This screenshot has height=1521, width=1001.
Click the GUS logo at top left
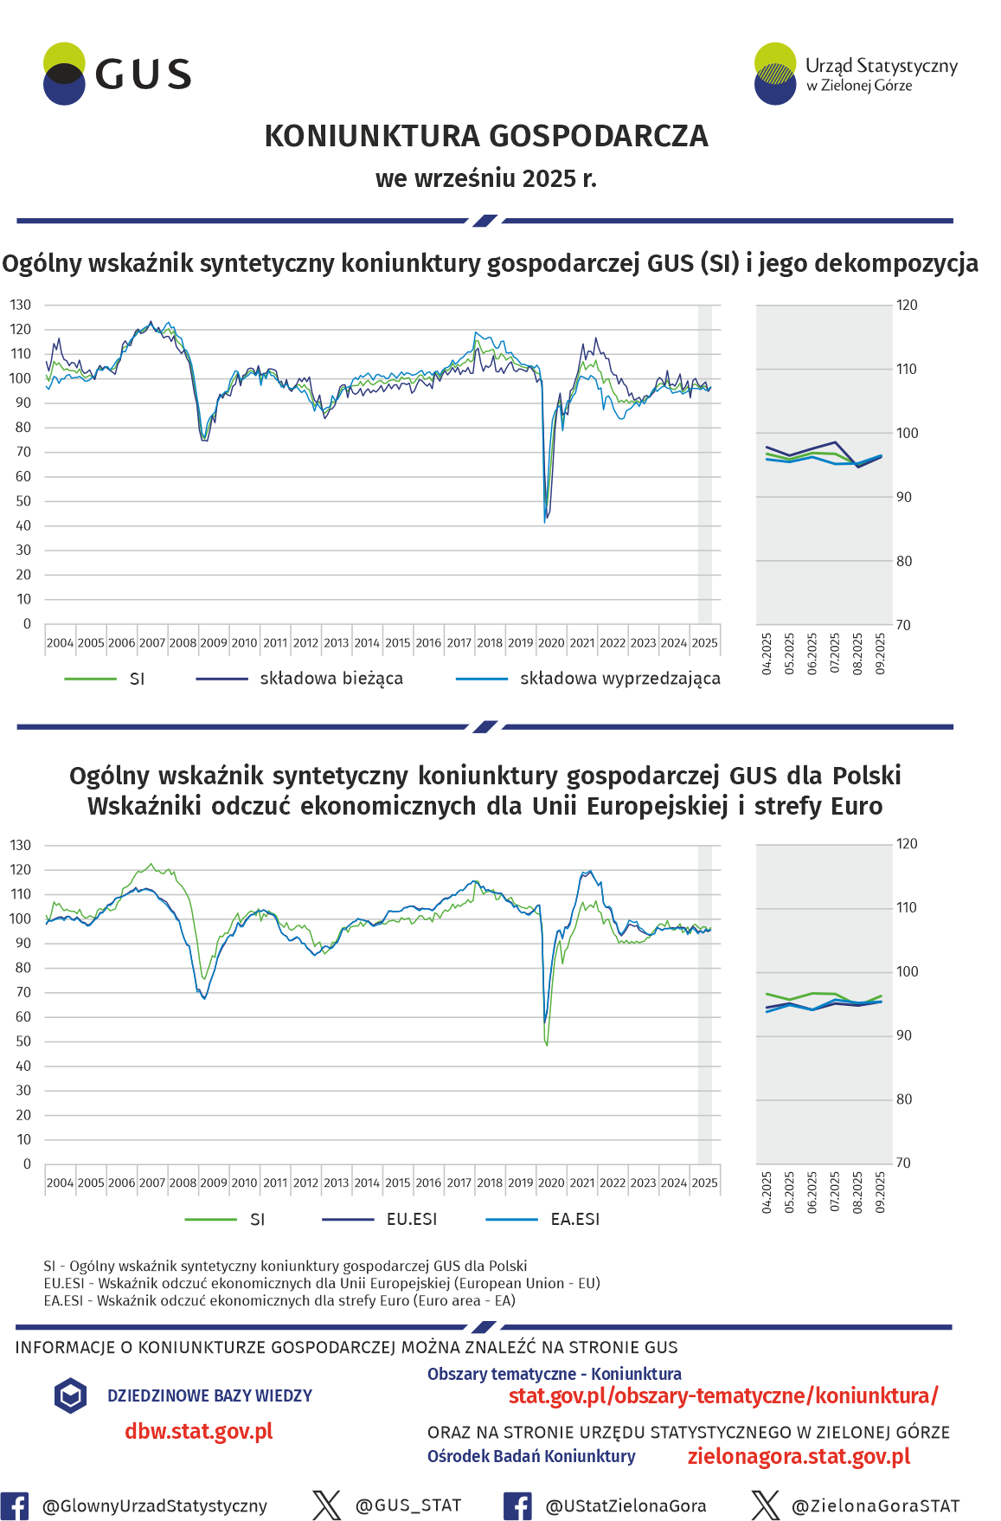(x=117, y=74)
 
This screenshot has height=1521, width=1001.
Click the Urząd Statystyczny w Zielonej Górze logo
(x=856, y=74)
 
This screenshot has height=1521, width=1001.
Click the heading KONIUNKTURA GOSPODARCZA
(x=485, y=137)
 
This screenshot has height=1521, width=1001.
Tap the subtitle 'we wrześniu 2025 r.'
(x=485, y=178)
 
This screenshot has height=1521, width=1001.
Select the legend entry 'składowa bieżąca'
(x=330, y=679)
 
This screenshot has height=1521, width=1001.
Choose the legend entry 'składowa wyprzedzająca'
(x=619, y=679)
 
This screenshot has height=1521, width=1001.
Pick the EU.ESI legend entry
(x=411, y=1219)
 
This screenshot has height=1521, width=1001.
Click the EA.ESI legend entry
(x=574, y=1219)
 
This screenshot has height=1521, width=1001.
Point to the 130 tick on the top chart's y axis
(x=21, y=305)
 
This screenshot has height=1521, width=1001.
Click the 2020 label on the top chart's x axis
(x=551, y=643)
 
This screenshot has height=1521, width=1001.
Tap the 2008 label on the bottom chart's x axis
(x=183, y=1183)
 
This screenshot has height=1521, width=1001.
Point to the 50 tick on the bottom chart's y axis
(x=23, y=1041)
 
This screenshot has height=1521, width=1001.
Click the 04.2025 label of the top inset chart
(x=767, y=654)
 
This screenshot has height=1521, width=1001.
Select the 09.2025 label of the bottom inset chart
(x=881, y=1192)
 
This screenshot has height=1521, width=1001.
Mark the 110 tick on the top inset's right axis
(x=906, y=369)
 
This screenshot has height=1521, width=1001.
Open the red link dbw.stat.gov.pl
(x=198, y=1431)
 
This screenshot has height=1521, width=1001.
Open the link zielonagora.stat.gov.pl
(x=799, y=1456)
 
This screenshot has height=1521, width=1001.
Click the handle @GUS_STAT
(x=407, y=1505)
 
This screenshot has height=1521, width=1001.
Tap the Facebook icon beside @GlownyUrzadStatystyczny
(x=15, y=1506)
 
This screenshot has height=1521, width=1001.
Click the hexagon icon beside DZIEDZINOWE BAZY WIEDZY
(x=70, y=1395)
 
